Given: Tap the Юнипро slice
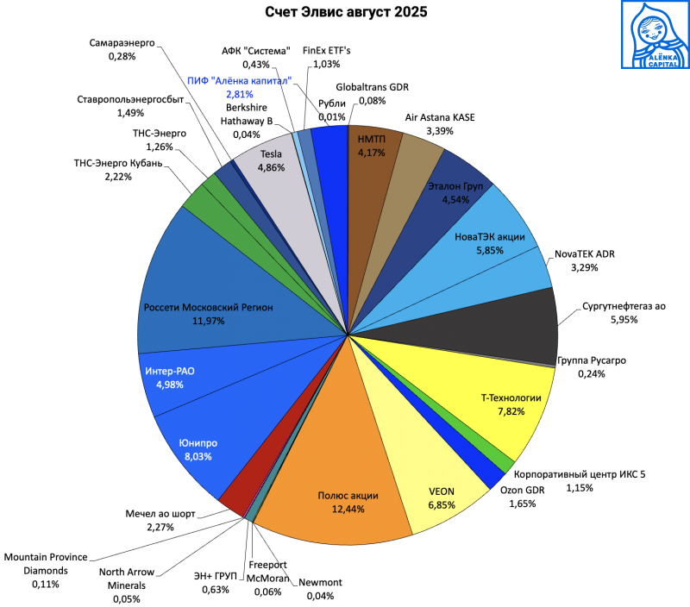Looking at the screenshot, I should point(198,448).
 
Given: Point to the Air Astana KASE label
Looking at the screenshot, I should point(439,117).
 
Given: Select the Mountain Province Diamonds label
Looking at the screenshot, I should point(44,564).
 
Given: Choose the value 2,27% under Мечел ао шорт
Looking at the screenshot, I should point(160,526).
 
